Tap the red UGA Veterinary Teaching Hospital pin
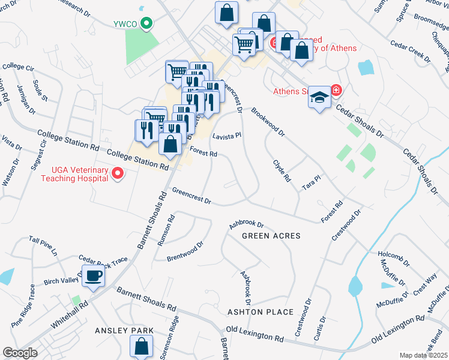point(118,174)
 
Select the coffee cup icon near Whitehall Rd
point(93,277)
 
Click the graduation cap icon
point(320,97)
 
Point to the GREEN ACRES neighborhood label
point(271,236)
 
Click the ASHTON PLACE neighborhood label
point(260,312)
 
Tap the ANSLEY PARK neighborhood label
point(124,331)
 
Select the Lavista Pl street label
point(226,136)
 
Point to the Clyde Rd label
point(282,170)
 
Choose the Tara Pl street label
point(312,182)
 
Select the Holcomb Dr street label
point(393,263)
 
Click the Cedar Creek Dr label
point(410,52)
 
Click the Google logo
point(20,353)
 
